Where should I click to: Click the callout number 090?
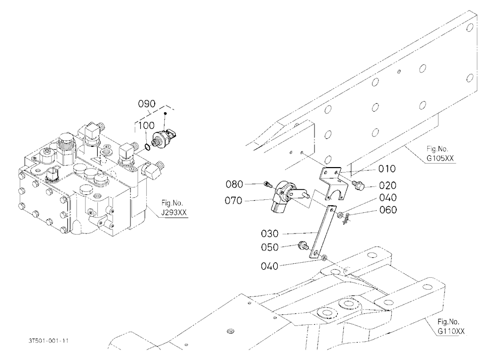click(147, 104)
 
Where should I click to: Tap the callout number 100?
click(146, 125)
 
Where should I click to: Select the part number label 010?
click(387, 169)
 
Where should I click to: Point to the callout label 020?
click(387, 185)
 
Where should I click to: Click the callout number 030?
click(269, 234)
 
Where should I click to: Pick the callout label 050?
click(269, 247)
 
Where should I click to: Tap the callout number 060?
click(388, 210)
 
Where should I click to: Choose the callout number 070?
click(233, 200)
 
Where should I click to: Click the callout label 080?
click(234, 184)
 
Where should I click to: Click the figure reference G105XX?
click(440, 158)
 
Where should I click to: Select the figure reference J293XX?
click(174, 213)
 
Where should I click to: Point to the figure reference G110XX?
click(451, 331)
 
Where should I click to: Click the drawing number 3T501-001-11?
click(49, 341)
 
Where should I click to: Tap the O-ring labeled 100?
click(147, 147)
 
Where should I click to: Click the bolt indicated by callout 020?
click(359, 185)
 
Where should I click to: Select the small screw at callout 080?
click(268, 184)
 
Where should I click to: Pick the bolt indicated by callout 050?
click(303, 245)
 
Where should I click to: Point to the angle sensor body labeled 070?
click(280, 198)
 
